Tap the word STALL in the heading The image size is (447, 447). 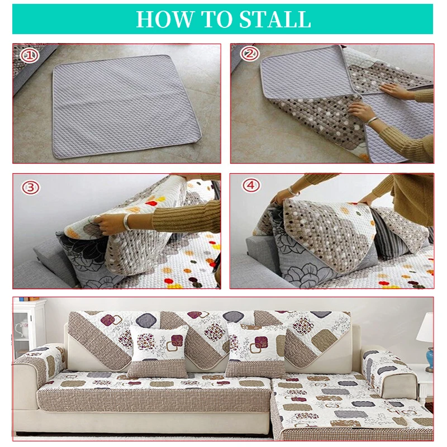point(275,19)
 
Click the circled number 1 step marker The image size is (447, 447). point(28,56)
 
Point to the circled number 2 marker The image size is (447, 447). point(249,55)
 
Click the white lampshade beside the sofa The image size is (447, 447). point(426,329)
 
